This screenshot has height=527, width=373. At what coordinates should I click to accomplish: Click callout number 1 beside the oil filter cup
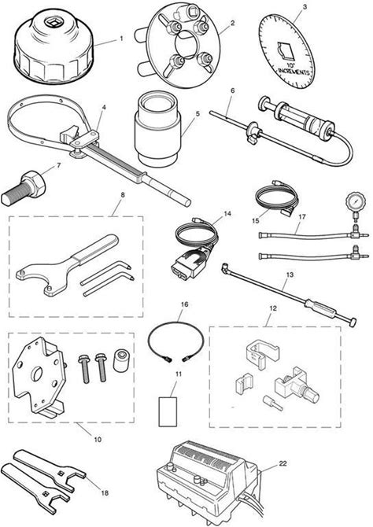[x=121, y=39]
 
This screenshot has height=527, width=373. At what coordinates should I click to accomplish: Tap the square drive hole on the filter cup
[x=53, y=24]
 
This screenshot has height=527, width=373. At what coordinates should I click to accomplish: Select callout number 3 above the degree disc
[x=305, y=6]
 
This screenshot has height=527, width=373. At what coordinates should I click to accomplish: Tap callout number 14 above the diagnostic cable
[x=227, y=213]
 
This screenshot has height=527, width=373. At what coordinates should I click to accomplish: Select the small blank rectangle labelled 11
[x=168, y=411]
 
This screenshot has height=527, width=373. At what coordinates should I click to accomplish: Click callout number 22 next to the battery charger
[x=283, y=463]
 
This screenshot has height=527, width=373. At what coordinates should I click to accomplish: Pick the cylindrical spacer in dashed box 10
[x=120, y=360]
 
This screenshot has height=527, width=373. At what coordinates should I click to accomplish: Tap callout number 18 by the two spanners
[x=105, y=492]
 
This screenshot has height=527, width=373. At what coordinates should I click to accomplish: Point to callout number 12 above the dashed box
[x=273, y=308]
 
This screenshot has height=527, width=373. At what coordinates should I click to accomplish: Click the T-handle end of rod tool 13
[x=353, y=322]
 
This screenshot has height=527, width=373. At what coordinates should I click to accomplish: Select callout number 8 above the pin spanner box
[x=123, y=194]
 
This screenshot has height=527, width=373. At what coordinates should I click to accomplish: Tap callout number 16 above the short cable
[x=185, y=304]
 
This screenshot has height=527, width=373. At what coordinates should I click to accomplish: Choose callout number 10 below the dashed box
[x=98, y=439]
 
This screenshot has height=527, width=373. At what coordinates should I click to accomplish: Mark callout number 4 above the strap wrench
[x=104, y=107]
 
